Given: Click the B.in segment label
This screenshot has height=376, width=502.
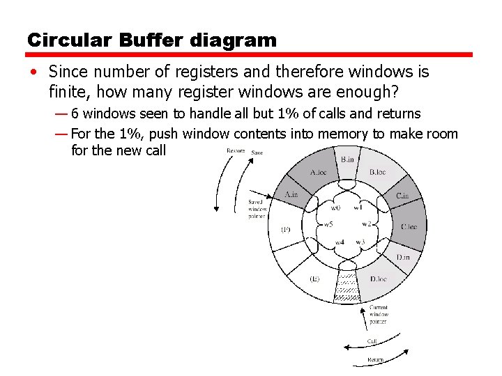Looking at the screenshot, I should point(347,159).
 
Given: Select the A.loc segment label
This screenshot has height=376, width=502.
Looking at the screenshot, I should point(318,173).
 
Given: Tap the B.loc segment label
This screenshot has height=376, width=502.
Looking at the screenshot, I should point(377,172).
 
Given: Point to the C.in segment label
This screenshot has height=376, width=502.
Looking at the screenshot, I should point(402,196).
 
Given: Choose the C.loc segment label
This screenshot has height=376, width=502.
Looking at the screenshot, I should point(409,226).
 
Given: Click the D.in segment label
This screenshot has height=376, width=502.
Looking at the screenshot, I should point(403,258).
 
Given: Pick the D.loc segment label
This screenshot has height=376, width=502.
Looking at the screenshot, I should point(378,279).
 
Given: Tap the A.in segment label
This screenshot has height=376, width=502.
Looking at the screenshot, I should point(291,195).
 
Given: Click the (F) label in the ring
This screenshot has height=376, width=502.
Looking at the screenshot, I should point(285,229).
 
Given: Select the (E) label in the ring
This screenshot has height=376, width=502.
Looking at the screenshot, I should point(314,279).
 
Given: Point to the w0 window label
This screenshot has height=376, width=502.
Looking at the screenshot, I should point(335,207).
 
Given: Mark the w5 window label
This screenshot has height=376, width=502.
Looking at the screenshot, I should point(328,224).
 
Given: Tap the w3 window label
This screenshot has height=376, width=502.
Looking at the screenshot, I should point(360,242).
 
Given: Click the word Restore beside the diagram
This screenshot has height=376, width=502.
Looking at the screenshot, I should point(236,150).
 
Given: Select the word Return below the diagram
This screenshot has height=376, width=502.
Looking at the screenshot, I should point(375,360).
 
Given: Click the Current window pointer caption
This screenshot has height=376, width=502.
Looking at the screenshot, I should point(379,315).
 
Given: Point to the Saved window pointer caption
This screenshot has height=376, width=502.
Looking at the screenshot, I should point(257,209).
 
